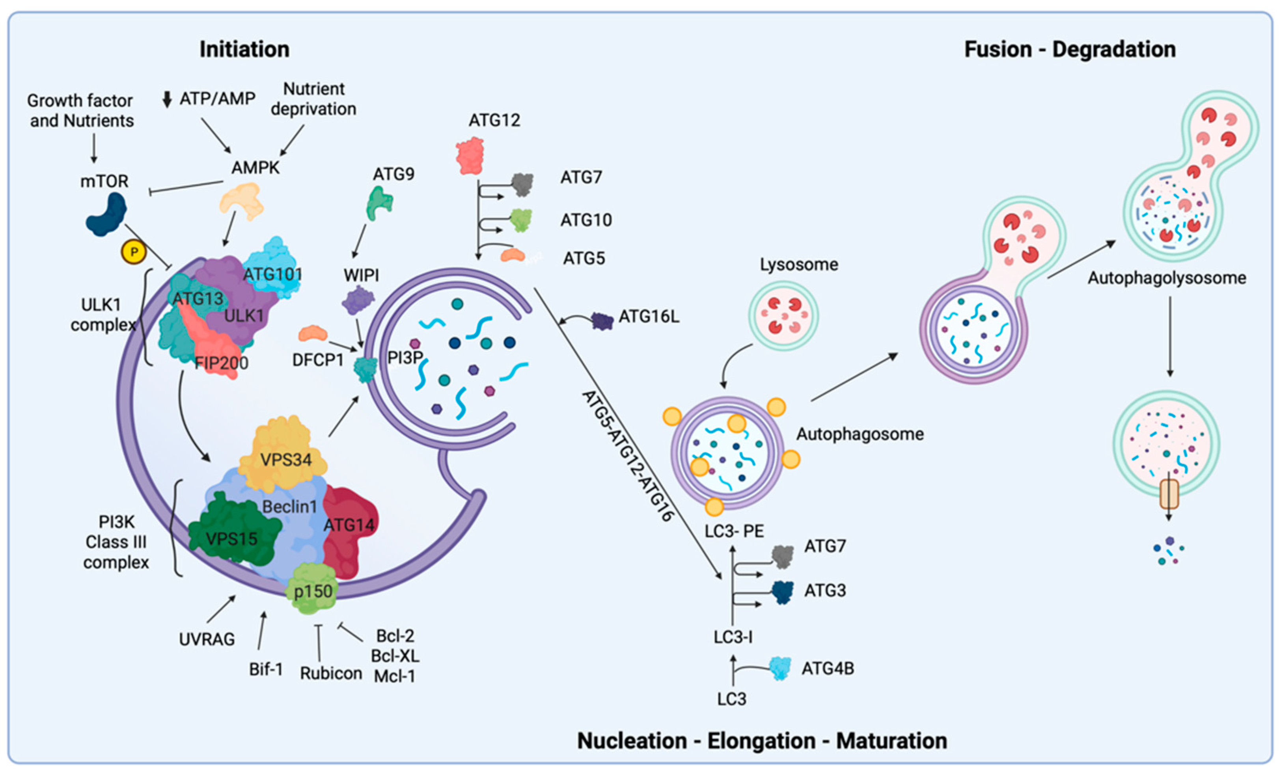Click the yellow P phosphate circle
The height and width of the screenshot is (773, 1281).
pyautogui.click(x=134, y=252)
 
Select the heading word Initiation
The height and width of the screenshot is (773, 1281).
pyautogui.click(x=244, y=49)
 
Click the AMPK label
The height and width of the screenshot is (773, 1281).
pyautogui.click(x=255, y=168)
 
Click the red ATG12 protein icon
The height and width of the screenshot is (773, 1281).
pyautogui.click(x=470, y=155)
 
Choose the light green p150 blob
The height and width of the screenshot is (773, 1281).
pyautogui.click(x=312, y=589)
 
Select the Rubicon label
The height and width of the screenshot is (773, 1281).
pyautogui.click(x=331, y=673)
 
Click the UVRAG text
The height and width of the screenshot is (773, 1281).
pyautogui.click(x=207, y=639)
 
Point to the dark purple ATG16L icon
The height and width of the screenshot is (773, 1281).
pyautogui.click(x=602, y=321)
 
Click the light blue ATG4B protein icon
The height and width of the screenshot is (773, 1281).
pyautogui.click(x=780, y=669)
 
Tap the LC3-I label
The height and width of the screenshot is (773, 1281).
pyautogui.click(x=733, y=637)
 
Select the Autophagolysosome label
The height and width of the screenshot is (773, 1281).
pyautogui.click(x=1167, y=278)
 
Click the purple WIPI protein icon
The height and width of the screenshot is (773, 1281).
pyautogui.click(x=358, y=300)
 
